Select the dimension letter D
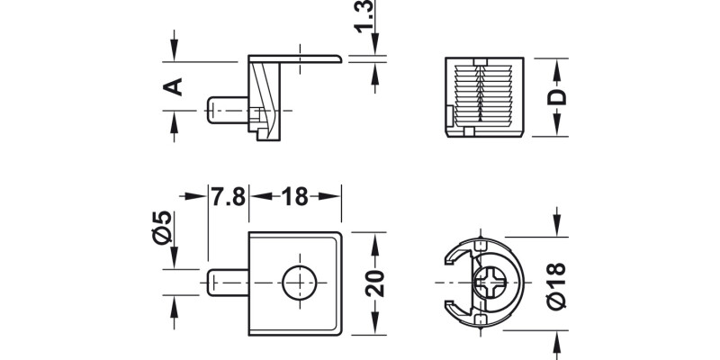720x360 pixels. (557, 97)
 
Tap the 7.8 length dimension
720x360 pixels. (228, 196)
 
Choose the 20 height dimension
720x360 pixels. (375, 283)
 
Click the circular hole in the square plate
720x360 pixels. (296, 283)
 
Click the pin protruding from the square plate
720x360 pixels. (227, 283)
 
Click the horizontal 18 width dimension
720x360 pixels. (294, 196)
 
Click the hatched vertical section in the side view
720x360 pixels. (266, 94)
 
